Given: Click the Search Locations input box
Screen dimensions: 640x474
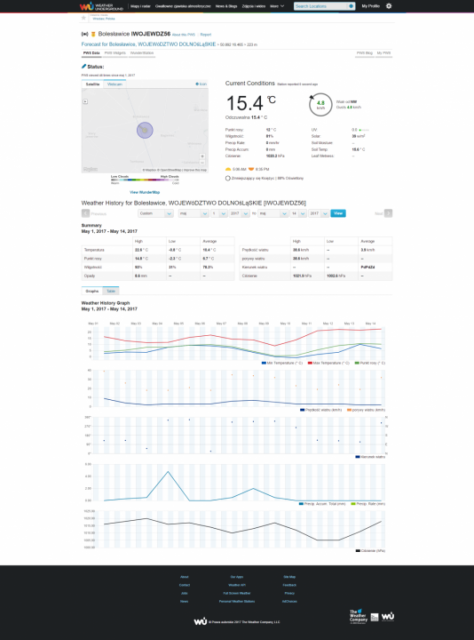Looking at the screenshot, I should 323,6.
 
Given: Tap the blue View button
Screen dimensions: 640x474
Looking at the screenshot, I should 338,213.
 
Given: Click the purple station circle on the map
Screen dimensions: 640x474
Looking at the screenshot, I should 145,130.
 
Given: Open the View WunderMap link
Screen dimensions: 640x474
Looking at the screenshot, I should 145,191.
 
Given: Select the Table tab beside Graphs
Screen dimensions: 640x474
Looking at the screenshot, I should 111,291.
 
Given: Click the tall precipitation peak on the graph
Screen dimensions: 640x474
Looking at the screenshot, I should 169,471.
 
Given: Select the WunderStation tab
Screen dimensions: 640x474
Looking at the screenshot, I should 141,52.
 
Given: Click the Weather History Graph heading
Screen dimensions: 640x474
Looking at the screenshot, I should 105,303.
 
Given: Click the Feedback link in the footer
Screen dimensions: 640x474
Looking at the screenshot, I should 288,585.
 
